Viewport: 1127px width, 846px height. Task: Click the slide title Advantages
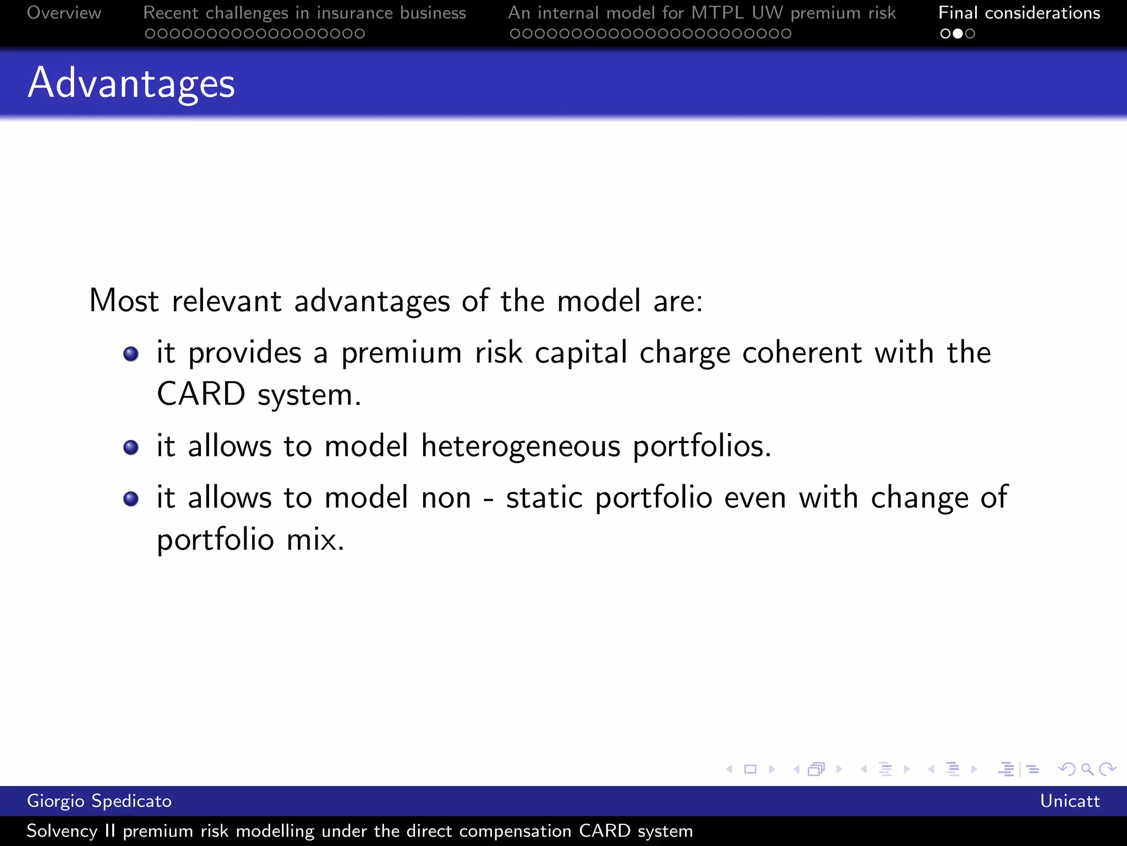coord(131,84)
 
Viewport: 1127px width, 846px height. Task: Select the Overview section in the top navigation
coord(64,13)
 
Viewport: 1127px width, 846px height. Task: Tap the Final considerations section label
coord(1019,13)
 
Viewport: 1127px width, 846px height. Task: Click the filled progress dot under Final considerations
coord(958,34)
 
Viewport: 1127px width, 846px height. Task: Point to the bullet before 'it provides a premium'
coord(131,354)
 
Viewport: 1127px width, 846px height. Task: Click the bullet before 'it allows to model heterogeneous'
coord(131,447)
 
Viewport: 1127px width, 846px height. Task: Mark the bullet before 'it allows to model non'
coord(131,498)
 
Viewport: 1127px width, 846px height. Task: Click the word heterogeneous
coord(520,446)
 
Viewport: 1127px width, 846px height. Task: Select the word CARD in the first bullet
coord(201,394)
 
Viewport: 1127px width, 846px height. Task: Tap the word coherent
coord(802,353)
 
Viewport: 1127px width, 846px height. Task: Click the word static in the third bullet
coord(544,498)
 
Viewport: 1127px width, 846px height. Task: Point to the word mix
coord(315,540)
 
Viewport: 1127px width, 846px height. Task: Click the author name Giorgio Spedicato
coord(99,801)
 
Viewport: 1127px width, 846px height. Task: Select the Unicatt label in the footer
coord(1069,801)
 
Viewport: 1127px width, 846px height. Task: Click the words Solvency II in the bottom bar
coord(71,831)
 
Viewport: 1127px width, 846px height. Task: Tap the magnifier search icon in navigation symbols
coord(1087,769)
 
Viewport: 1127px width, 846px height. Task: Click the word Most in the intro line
coord(124,301)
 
